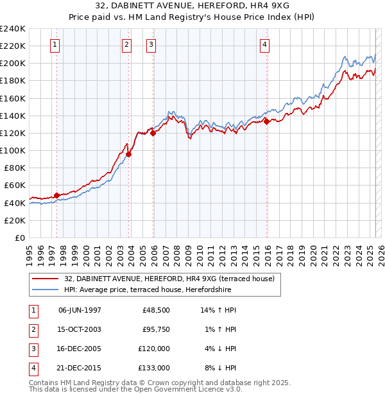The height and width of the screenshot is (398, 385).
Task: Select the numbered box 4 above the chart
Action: click(x=264, y=44)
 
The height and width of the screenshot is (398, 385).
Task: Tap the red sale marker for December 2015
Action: click(x=266, y=121)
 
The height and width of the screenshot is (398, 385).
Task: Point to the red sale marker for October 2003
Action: click(x=129, y=154)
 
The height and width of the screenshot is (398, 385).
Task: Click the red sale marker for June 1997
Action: click(x=56, y=195)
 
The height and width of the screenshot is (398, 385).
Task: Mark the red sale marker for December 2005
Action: click(x=153, y=133)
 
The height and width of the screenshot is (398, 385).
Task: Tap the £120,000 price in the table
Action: click(x=154, y=349)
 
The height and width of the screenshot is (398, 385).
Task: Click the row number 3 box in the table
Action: click(x=33, y=349)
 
